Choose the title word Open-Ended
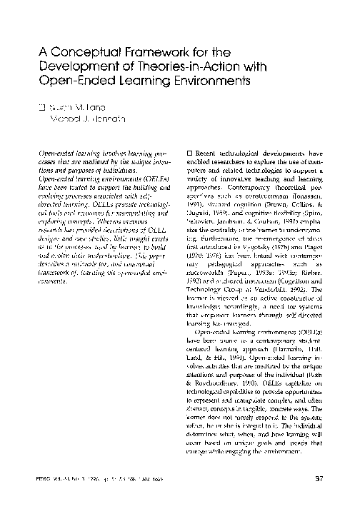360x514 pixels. click(x=76, y=84)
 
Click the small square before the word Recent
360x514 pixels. click(x=188, y=154)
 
